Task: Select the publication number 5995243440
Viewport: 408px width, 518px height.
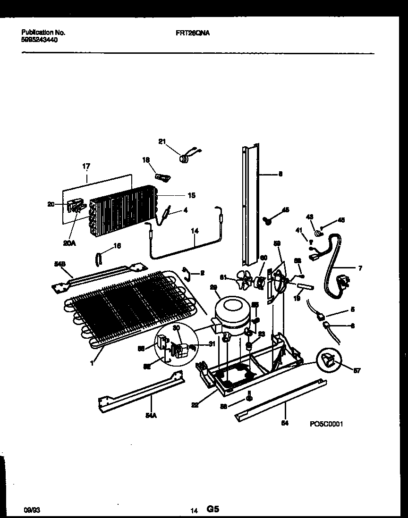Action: click(x=40, y=40)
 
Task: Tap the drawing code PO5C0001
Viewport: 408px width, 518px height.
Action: click(x=326, y=424)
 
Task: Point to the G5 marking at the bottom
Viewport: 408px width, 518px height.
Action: click(x=213, y=509)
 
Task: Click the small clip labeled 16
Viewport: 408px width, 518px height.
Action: click(x=99, y=259)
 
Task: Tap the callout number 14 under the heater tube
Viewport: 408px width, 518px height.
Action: click(x=195, y=232)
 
